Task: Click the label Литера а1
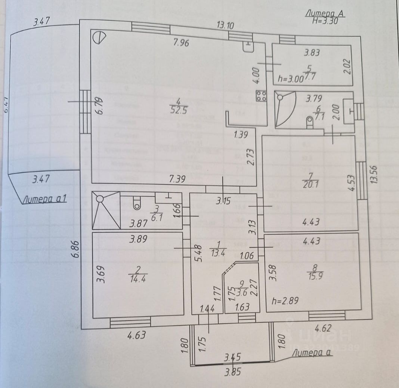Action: coord(44,199)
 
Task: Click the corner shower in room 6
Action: coord(285,109)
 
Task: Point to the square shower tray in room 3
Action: coord(106,210)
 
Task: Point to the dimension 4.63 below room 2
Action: coord(136,335)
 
